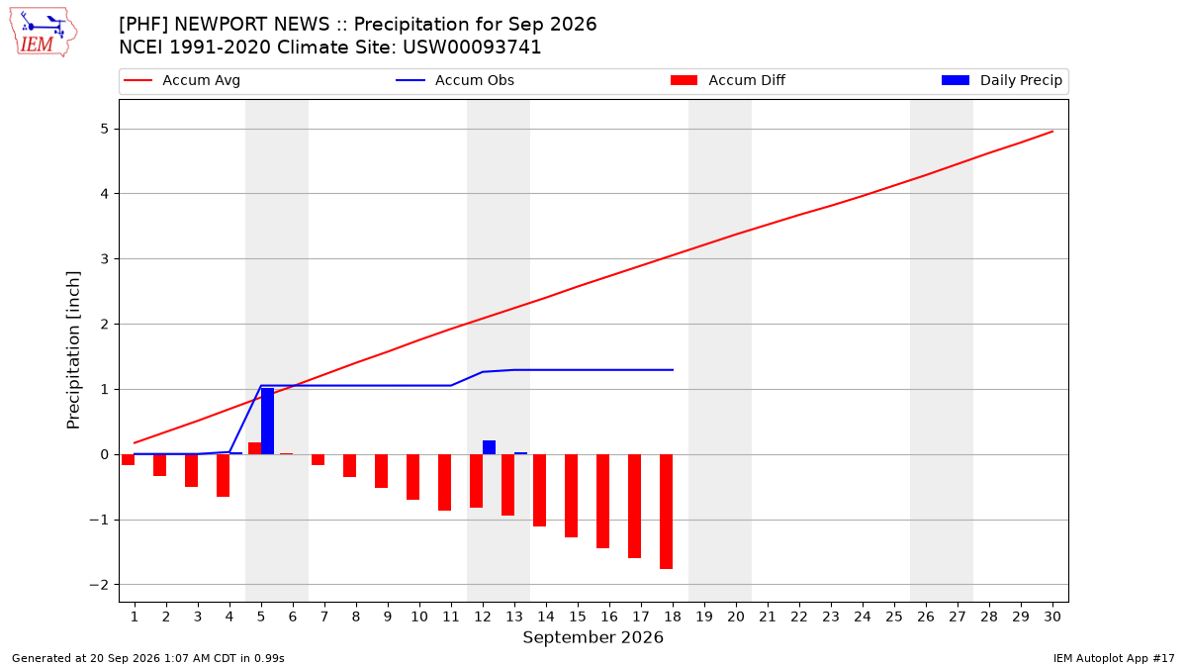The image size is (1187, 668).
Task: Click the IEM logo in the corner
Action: point(44,33)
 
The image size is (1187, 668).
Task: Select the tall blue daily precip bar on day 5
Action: point(268,421)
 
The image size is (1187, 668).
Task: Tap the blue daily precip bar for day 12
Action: point(489,447)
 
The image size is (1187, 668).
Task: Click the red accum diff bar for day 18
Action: point(666,512)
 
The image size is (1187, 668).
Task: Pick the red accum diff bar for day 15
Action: point(572,496)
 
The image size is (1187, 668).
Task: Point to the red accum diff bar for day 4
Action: point(224,476)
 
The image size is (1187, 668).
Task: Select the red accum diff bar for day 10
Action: point(412,477)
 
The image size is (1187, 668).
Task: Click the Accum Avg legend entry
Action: point(182,80)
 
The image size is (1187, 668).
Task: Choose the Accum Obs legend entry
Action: point(455,80)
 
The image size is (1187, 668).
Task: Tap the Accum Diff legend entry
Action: point(728,80)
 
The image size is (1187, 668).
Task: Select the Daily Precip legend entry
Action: point(1001,80)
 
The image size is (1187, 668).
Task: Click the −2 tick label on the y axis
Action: point(99,585)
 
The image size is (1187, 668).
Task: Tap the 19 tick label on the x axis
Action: point(704,617)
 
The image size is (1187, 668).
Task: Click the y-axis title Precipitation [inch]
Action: point(73,350)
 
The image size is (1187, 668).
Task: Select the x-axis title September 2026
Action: point(593,637)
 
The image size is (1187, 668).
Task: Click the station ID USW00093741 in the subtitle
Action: point(472,48)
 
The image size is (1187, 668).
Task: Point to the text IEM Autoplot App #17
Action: point(1114,658)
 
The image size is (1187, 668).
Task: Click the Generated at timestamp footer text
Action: point(147,658)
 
